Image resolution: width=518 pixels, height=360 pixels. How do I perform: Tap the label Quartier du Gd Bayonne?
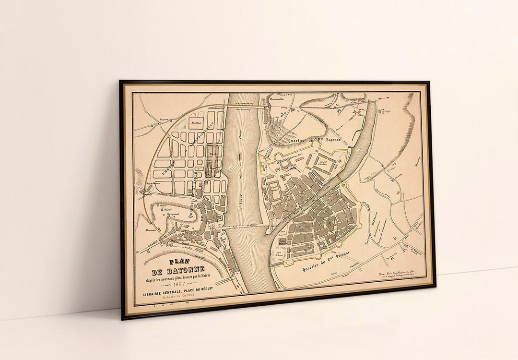tap(326, 261)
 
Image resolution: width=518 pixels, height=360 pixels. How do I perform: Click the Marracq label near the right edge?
tap(416, 164)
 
